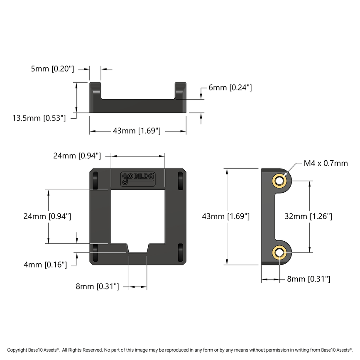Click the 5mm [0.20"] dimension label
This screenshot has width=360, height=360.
(x=52, y=69)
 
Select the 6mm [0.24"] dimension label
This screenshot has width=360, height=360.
(x=230, y=88)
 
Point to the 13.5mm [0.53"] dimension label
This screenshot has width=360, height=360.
(x=39, y=118)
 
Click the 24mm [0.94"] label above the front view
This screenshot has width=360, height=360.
(x=77, y=156)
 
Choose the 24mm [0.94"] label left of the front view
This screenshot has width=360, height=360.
(x=47, y=216)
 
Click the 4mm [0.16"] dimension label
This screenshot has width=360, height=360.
(x=45, y=264)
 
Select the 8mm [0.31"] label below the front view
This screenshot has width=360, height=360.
(x=97, y=286)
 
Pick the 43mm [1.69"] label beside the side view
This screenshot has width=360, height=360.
(x=225, y=216)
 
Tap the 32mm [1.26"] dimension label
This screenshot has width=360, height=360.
(x=308, y=216)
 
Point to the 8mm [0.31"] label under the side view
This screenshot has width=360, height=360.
(x=309, y=279)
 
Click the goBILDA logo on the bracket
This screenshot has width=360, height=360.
(x=138, y=178)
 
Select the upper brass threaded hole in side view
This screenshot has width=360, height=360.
(x=279, y=181)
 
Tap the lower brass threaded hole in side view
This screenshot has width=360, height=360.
(x=279, y=252)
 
